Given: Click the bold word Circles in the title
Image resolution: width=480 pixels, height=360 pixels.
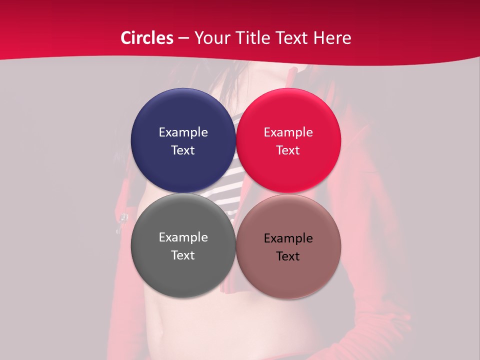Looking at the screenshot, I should [x=146, y=38].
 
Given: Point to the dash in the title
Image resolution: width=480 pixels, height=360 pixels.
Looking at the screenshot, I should [x=183, y=38].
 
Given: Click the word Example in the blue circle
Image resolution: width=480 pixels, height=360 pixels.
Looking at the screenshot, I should [x=183, y=132].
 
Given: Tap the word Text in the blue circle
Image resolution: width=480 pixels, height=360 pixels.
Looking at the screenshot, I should [x=183, y=150].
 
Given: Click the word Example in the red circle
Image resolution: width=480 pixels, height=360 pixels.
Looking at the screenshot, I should [x=288, y=132].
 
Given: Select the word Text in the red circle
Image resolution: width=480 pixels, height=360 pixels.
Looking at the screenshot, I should [x=288, y=150].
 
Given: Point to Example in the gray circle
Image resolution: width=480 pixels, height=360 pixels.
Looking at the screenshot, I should [x=183, y=237].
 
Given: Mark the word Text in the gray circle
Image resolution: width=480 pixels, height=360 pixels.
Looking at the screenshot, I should [x=183, y=255].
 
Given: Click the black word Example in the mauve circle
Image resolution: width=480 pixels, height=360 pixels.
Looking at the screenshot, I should [x=288, y=238].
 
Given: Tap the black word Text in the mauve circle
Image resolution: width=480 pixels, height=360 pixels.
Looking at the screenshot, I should [x=288, y=256].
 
